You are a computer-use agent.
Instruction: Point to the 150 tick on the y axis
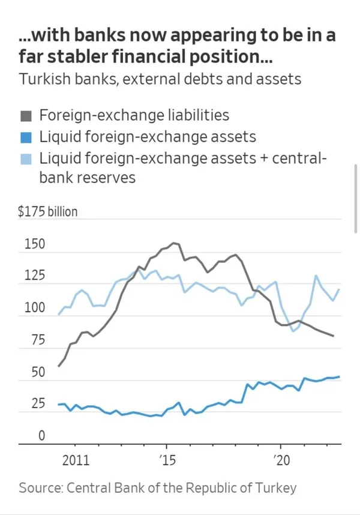[x=35, y=244]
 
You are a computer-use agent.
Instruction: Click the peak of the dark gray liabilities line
[x=174, y=243]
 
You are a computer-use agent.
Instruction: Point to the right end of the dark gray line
[x=334, y=336]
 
